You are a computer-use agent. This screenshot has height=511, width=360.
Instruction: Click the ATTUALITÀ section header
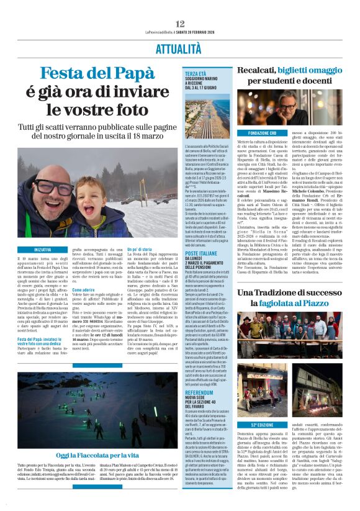pyautogui.click(x=180, y=48)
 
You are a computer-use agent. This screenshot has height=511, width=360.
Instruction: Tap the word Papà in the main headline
pyautogui.click(x=127, y=75)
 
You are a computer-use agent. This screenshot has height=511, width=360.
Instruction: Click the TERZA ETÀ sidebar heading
pyautogui.click(x=196, y=74)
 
